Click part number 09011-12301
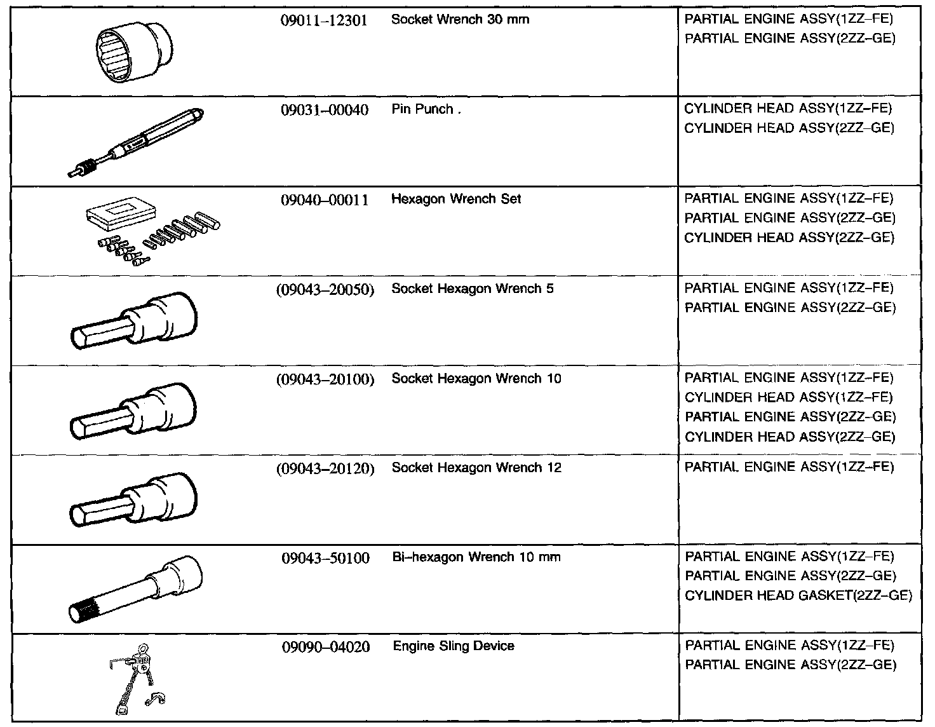point(324,20)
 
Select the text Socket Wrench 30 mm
point(460,20)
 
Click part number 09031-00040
point(324,110)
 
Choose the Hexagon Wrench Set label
point(455,200)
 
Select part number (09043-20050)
point(325,290)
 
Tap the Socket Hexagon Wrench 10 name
point(476,379)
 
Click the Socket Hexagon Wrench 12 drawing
point(133,499)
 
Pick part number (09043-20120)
point(325,469)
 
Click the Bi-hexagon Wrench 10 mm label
point(476,558)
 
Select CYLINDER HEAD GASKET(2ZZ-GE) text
point(798,596)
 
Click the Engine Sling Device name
point(453,647)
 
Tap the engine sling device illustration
point(137,678)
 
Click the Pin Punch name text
point(422,109)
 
